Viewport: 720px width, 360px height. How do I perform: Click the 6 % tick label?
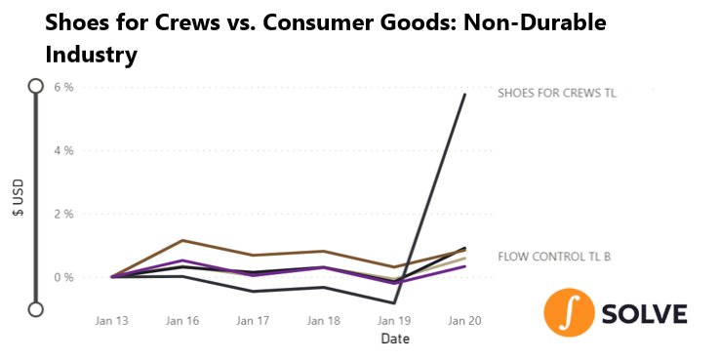click(x=63, y=87)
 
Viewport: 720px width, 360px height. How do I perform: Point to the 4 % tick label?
click(x=63, y=150)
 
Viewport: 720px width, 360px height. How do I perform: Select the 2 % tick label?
click(x=63, y=214)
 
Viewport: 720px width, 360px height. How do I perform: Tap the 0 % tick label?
click(x=63, y=277)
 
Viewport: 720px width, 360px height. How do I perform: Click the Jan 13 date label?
click(x=112, y=321)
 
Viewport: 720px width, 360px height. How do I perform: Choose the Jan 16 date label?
click(x=182, y=321)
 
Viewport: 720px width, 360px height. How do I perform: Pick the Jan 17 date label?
click(x=253, y=321)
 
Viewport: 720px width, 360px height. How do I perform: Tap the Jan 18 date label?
click(x=324, y=321)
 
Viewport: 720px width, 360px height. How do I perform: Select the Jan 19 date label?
click(x=394, y=321)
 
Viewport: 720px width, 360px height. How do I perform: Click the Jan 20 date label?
click(x=464, y=321)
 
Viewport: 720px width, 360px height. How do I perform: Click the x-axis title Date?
click(x=395, y=340)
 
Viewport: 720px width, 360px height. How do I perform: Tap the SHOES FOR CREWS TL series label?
click(x=557, y=94)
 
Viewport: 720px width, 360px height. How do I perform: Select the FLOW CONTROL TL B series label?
click(x=555, y=257)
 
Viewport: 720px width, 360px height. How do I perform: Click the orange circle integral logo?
click(x=569, y=313)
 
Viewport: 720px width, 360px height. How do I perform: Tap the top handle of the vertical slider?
click(x=35, y=86)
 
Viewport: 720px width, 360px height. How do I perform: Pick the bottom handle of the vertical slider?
click(x=35, y=309)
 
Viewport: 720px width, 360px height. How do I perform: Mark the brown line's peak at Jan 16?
click(x=182, y=240)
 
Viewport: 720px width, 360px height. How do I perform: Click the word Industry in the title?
click(x=92, y=55)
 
